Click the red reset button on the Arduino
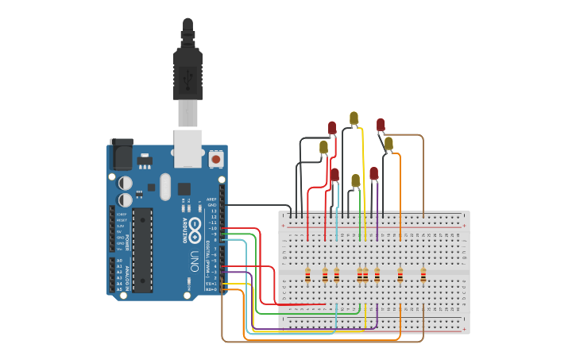(x=215, y=160)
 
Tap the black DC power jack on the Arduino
(x=121, y=154)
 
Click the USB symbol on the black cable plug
(x=187, y=80)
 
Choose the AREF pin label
(x=211, y=199)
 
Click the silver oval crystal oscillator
(x=165, y=188)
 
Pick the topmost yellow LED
(x=354, y=118)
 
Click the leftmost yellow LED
(x=323, y=147)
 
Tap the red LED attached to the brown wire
(x=381, y=125)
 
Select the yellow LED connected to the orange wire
(x=389, y=144)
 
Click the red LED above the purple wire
(x=373, y=172)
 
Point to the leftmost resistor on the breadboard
(x=307, y=275)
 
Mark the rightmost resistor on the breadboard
(x=423, y=275)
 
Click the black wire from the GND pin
(x=254, y=205)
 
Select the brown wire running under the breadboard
(x=318, y=342)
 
